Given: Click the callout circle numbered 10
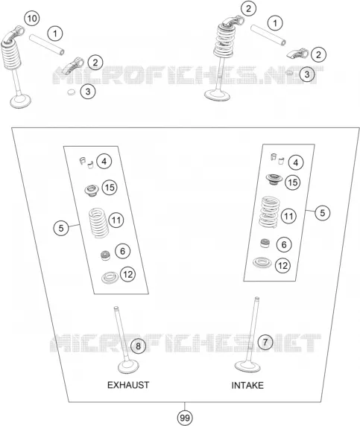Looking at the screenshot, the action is point(32,19).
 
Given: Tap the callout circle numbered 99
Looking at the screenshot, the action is point(185,418).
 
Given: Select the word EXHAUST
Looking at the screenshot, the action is point(128,385).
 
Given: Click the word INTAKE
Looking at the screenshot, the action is point(247,385).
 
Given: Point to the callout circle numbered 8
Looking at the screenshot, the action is point(138,346).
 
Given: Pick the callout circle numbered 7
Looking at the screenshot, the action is point(265,342).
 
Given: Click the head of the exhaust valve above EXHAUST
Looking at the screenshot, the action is point(129,367).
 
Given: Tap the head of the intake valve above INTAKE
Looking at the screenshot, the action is point(247,366).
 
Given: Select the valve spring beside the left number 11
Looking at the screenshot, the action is point(99,223).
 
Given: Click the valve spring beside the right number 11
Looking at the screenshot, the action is point(269,212).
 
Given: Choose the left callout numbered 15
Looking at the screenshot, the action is point(110,188).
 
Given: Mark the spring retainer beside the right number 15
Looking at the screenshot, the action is point(274,179).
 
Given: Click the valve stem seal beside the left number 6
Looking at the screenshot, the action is point(106,255).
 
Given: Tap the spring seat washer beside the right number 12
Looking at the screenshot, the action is point(262,262).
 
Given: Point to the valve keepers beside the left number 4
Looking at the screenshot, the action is point(86,162).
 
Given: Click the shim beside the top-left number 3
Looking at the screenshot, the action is point(72,92).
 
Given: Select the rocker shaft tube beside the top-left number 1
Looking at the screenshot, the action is point(47,44).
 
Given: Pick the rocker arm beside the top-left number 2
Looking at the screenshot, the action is point(73,66).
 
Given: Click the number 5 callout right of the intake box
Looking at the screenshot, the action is point(323,212).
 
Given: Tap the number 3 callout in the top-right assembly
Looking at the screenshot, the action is point(307,74).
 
